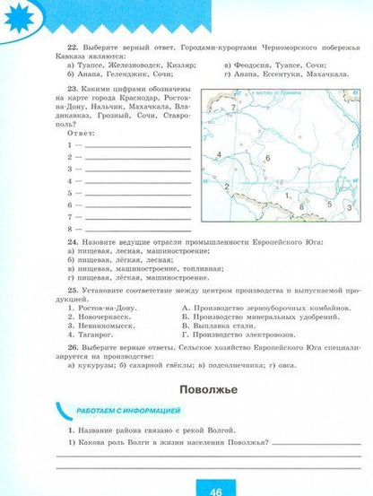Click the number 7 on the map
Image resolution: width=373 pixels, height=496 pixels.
point(233,107)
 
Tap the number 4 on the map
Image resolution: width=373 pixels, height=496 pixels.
point(219,155)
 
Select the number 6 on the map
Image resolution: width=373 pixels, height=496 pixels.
point(267,158)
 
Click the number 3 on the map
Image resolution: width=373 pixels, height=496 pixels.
point(330,204)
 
